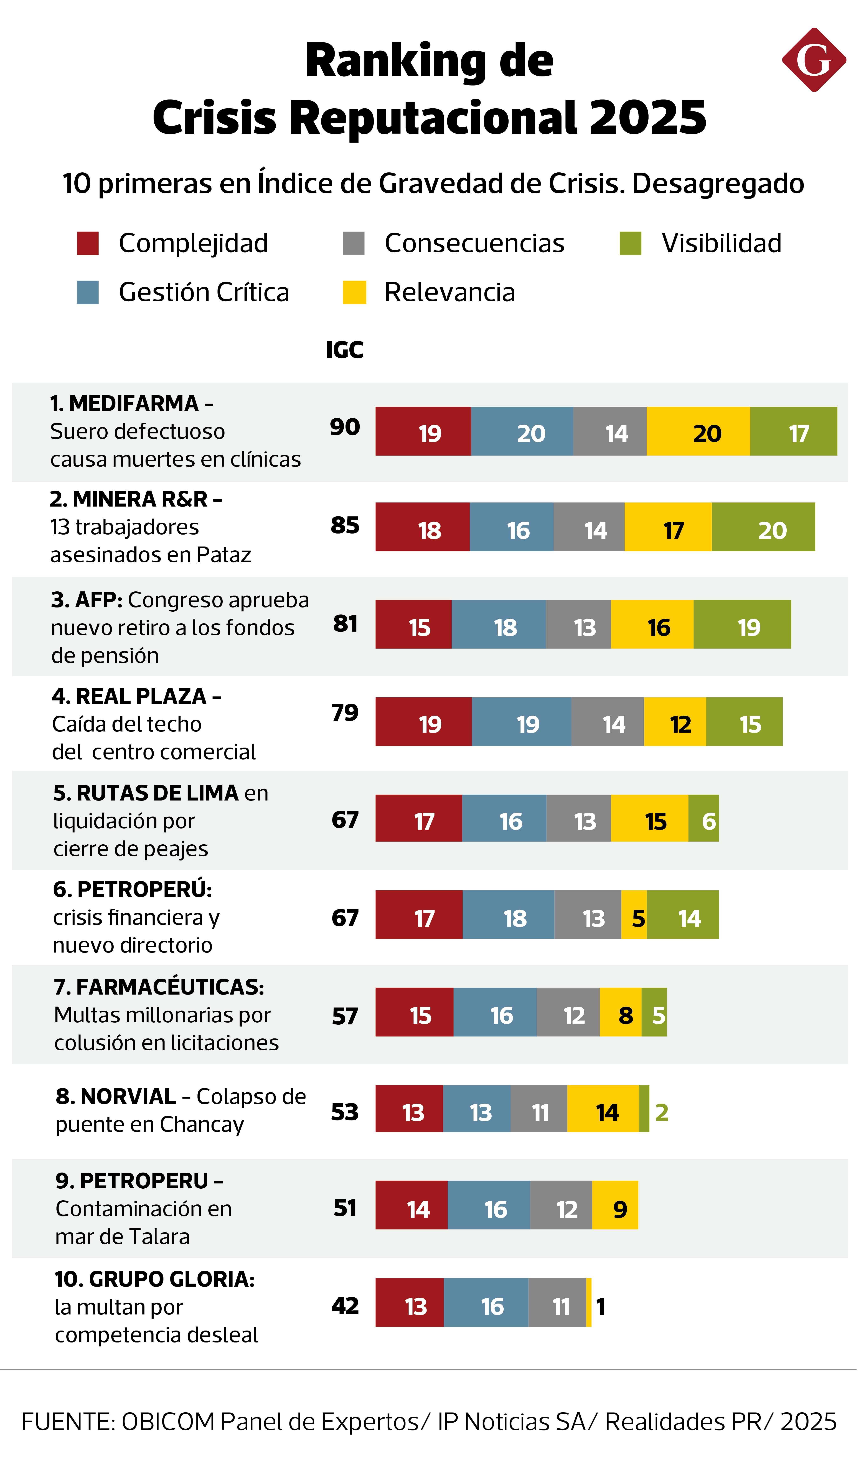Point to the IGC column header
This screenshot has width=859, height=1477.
click(x=345, y=350)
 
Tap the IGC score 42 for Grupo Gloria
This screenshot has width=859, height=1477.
click(x=345, y=1305)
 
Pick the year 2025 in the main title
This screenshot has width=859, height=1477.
click(x=647, y=117)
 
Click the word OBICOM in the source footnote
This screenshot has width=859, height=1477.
click(x=168, y=1421)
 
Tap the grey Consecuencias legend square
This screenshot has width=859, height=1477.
click(x=354, y=243)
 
